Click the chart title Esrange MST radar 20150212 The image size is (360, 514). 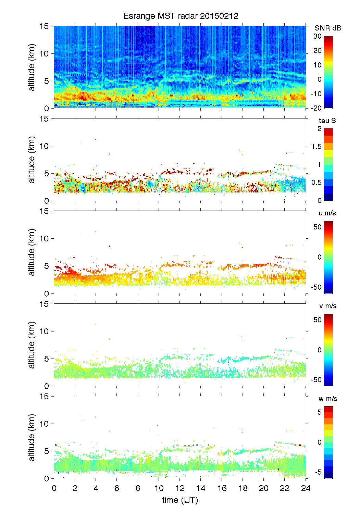[x=181, y=16]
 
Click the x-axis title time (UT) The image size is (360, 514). [x=180, y=500]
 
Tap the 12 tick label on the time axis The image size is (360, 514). [x=180, y=488]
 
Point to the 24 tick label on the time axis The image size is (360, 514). [x=306, y=488]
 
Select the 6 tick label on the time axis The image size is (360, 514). [x=117, y=488]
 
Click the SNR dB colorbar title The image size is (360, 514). [x=328, y=28]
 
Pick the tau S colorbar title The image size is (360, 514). [x=327, y=121]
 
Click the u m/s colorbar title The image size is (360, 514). [x=327, y=213]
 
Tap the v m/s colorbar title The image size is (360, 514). [x=327, y=306]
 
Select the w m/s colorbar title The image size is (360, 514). [x=327, y=399]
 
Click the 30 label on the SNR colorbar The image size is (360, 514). [x=318, y=36]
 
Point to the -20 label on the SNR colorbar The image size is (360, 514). [x=316, y=108]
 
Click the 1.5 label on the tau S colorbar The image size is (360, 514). [x=316, y=147]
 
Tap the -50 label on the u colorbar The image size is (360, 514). [x=316, y=287]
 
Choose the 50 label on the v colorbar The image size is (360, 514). [x=318, y=320]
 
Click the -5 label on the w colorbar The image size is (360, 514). [x=318, y=473]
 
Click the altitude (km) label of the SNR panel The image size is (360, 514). [x=32, y=67]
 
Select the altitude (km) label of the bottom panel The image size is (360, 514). [x=32, y=437]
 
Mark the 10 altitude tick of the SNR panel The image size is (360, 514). [x=45, y=53]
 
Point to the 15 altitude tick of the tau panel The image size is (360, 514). [x=45, y=119]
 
